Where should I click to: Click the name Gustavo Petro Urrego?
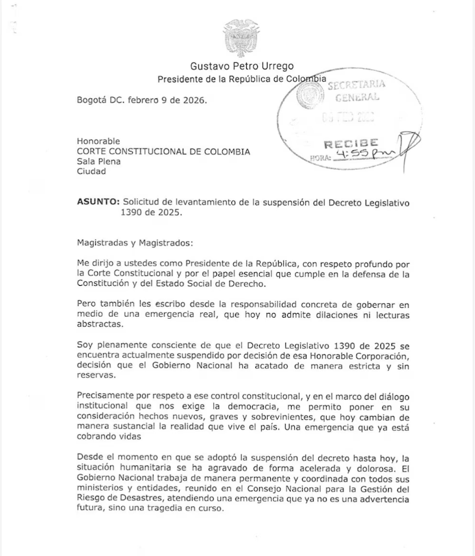coord(242,66)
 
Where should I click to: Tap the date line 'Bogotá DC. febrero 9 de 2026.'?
coord(142,100)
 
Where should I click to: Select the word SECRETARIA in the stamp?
coord(356,85)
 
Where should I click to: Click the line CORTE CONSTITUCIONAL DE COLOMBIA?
coord(163,152)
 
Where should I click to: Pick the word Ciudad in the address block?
coord(91,172)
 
